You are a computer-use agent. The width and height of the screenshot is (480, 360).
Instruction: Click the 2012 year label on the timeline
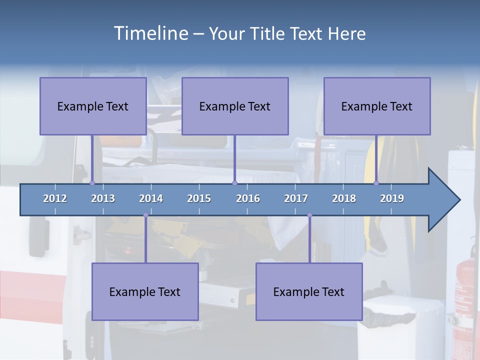pyautogui.click(x=55, y=198)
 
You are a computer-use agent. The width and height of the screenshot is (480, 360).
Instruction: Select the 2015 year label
pyautogui.click(x=199, y=198)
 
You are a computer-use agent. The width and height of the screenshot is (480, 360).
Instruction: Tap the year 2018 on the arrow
pyautogui.click(x=344, y=198)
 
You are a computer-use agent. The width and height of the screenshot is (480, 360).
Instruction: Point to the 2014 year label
pyautogui.click(x=151, y=198)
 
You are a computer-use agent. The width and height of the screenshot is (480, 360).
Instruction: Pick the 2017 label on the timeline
pyautogui.click(x=296, y=198)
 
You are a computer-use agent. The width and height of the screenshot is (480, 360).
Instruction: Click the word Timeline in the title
pyautogui.click(x=150, y=33)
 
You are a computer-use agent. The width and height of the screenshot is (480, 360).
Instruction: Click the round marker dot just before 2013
pyautogui.click(x=92, y=183)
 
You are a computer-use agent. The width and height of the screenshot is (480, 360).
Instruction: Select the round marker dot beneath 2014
pyautogui.click(x=145, y=215)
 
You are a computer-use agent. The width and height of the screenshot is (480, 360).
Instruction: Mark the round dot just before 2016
pyautogui.click(x=234, y=183)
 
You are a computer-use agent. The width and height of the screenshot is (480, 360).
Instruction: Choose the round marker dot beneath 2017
pyautogui.click(x=309, y=215)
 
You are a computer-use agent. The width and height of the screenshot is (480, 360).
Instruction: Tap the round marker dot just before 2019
pyautogui.click(x=376, y=183)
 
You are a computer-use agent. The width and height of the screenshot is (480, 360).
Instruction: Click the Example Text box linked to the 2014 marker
pyautogui.click(x=145, y=291)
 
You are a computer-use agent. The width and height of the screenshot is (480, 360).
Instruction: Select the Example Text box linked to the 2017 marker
pyautogui.click(x=309, y=291)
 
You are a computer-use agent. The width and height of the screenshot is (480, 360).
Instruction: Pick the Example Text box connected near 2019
pyautogui.click(x=377, y=106)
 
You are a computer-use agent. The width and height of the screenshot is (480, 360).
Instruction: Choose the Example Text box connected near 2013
pyautogui.click(x=93, y=106)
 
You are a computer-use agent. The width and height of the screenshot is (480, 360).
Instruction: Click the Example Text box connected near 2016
pyautogui.click(x=235, y=106)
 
